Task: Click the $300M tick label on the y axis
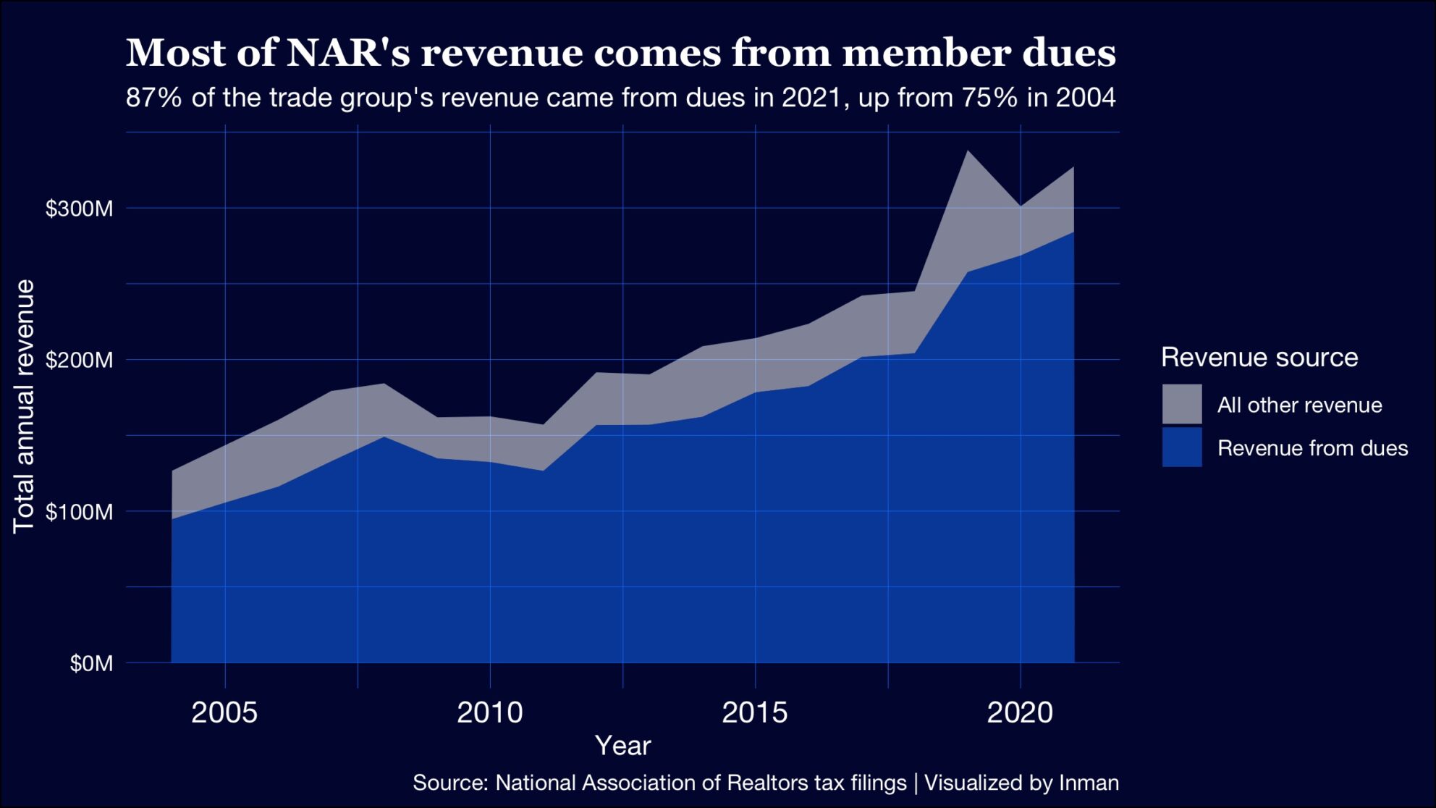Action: (80, 209)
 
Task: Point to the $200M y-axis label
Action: (80, 360)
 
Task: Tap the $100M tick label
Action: (80, 512)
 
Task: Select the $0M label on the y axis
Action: (91, 663)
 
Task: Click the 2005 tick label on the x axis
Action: (224, 713)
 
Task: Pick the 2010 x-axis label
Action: (490, 713)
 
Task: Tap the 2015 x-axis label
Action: (755, 713)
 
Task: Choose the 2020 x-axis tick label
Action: (1020, 713)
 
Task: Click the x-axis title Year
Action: (622, 746)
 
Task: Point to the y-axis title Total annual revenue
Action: (24, 406)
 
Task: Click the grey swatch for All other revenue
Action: (1182, 404)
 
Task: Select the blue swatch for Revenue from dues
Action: (1182, 447)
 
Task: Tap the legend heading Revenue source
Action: (1259, 357)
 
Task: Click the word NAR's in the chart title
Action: (348, 53)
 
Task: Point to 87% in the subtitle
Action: (153, 97)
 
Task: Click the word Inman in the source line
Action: (1089, 783)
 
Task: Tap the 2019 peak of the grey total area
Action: (968, 151)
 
